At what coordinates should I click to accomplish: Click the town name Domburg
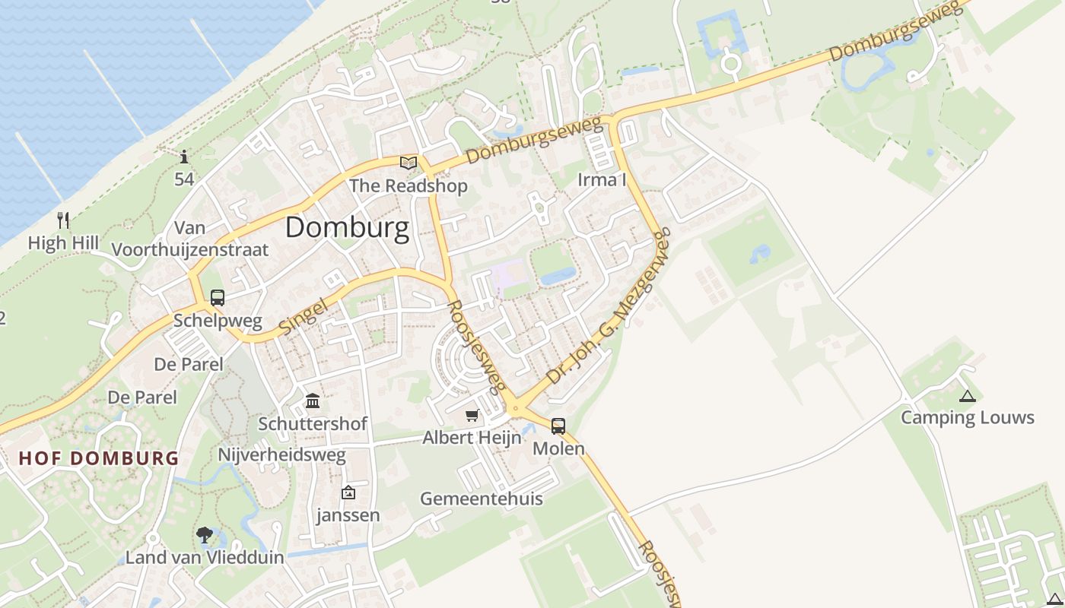pos(347,227)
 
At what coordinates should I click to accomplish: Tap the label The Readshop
pos(408,186)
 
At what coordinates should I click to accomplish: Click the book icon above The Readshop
pos(409,162)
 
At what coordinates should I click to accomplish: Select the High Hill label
pos(63,243)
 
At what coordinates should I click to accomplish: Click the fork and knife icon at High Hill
pos(63,220)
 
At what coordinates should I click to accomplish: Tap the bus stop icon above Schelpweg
pos(218,298)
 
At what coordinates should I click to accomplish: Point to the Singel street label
pos(302,317)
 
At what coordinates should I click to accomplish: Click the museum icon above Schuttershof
pos(313,401)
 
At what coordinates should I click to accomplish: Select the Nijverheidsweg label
pos(281,455)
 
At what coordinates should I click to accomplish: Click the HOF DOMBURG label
pos(99,458)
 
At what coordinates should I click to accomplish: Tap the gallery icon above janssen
pos(348,492)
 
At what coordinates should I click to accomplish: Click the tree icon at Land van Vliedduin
pos(204,535)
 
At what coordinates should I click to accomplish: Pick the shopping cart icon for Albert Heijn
pos(472,415)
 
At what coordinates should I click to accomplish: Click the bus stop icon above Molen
pos(558,426)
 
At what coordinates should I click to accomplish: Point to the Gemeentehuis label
pos(482,499)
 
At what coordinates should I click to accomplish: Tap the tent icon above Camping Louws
pos(967,395)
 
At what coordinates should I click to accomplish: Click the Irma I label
pos(602,180)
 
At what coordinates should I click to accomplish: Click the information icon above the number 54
pos(184,157)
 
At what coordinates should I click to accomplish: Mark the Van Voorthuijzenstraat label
pos(189,239)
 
